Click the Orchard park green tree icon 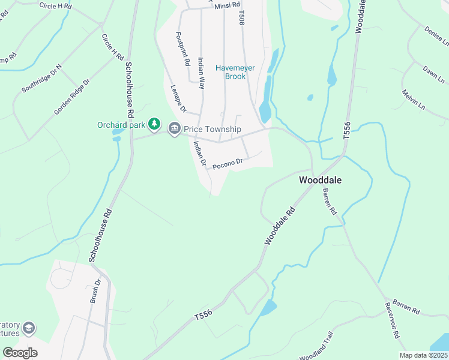tap(155, 124)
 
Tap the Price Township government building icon tap(175, 128)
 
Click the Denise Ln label tap(436, 37)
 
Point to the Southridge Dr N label tap(41, 79)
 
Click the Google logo tap(20, 353)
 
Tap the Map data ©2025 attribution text tap(423, 355)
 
